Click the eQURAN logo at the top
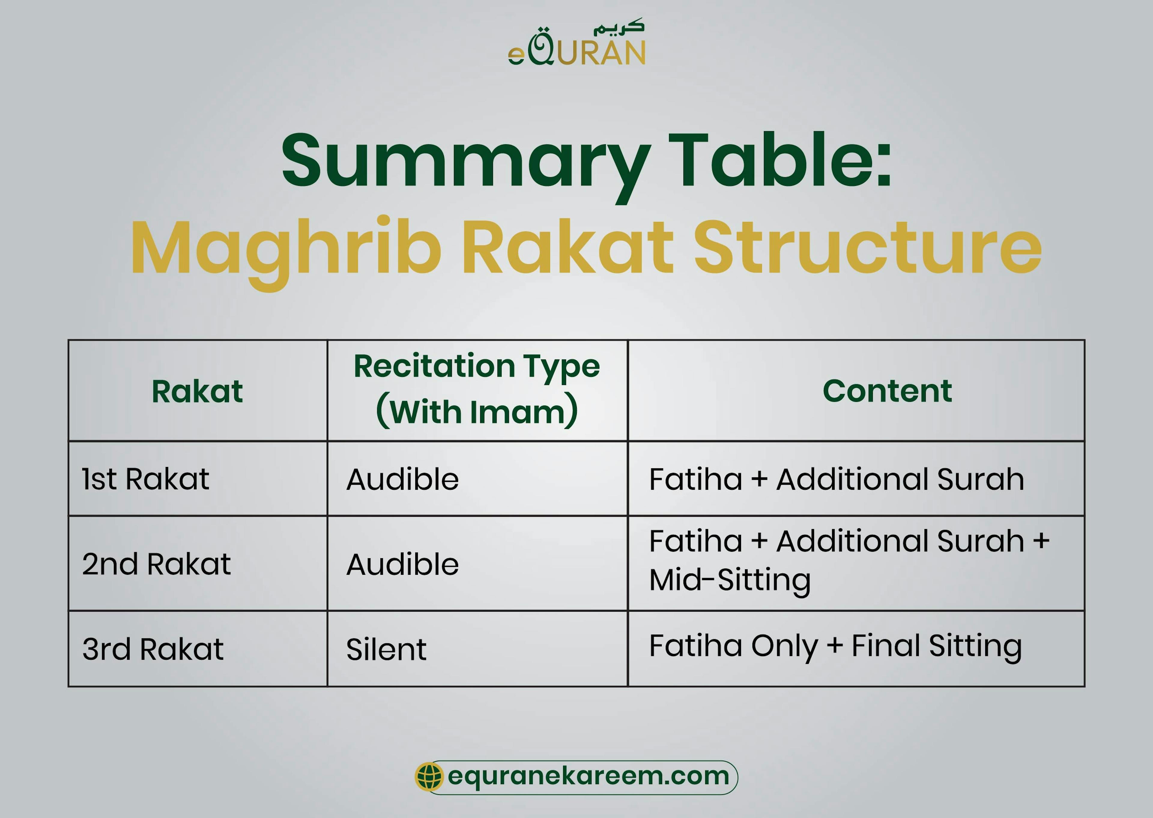tap(576, 44)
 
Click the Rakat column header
tap(197, 391)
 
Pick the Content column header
tap(887, 391)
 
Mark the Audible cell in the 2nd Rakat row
tap(402, 564)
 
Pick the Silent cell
tap(386, 649)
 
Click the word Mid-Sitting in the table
tap(730, 580)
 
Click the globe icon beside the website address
tap(429, 776)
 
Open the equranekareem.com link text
tap(588, 776)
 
